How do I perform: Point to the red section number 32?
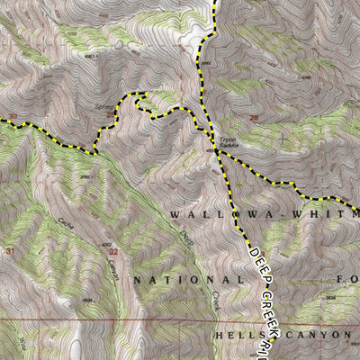click(114, 253)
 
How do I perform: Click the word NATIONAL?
click(188, 281)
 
